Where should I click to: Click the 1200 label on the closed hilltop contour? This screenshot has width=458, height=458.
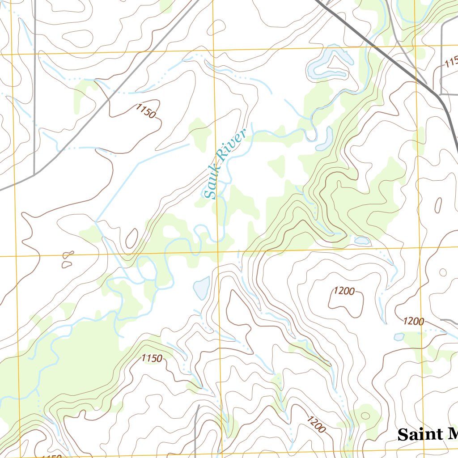[344, 291]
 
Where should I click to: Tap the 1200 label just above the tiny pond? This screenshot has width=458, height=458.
[413, 321]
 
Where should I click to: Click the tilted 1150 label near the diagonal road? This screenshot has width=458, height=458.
[146, 110]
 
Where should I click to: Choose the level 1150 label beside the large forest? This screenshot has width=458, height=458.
[151, 358]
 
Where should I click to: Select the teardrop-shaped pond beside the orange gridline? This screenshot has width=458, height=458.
[202, 288]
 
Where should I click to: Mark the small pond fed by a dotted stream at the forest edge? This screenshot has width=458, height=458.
[362, 241]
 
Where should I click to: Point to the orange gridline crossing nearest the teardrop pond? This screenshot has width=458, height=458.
[218, 253]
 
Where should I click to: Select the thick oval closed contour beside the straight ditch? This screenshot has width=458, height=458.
[131, 238]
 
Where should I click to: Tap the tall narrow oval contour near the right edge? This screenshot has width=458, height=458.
[438, 205]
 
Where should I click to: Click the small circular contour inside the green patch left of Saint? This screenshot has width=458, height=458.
[365, 416]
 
